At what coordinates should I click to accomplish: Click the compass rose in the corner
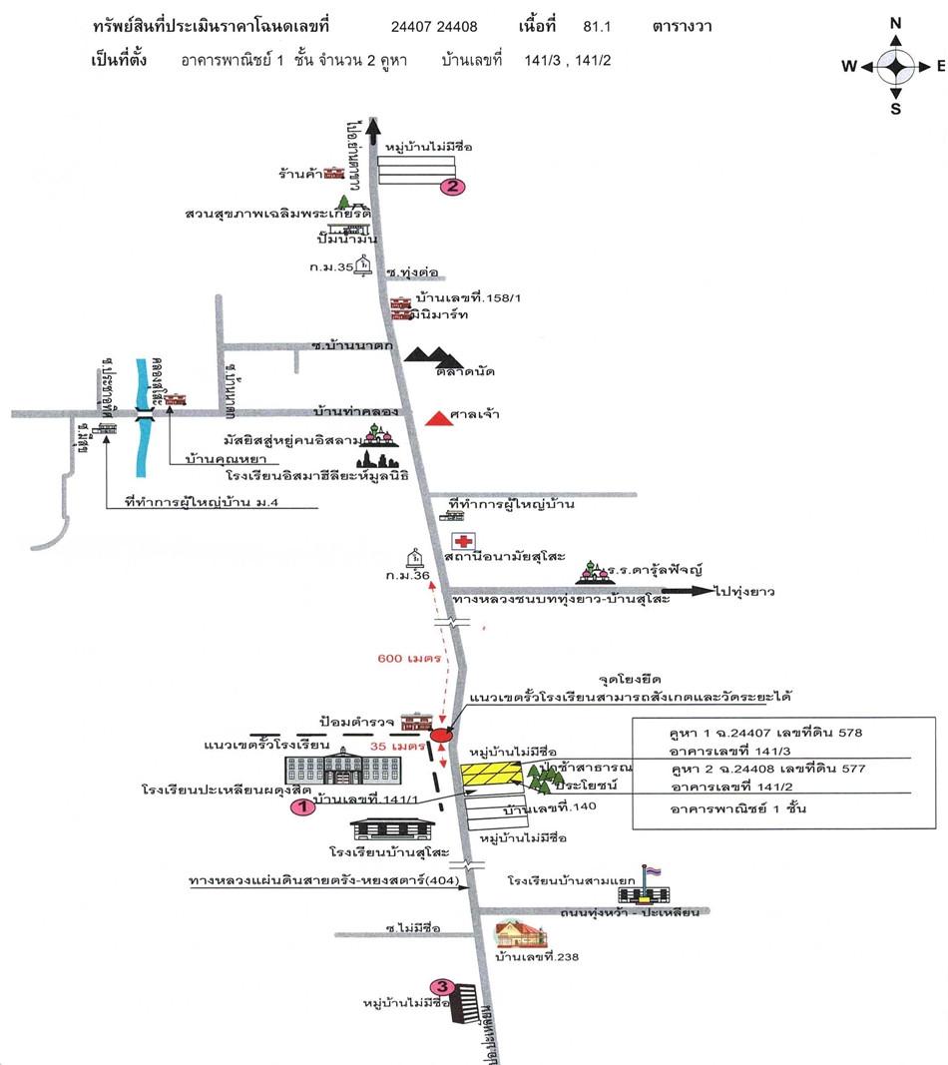point(895,67)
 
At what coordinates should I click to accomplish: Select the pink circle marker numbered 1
point(302,808)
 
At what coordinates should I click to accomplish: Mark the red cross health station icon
point(462,542)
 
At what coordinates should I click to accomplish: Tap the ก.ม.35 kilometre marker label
point(331,267)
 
